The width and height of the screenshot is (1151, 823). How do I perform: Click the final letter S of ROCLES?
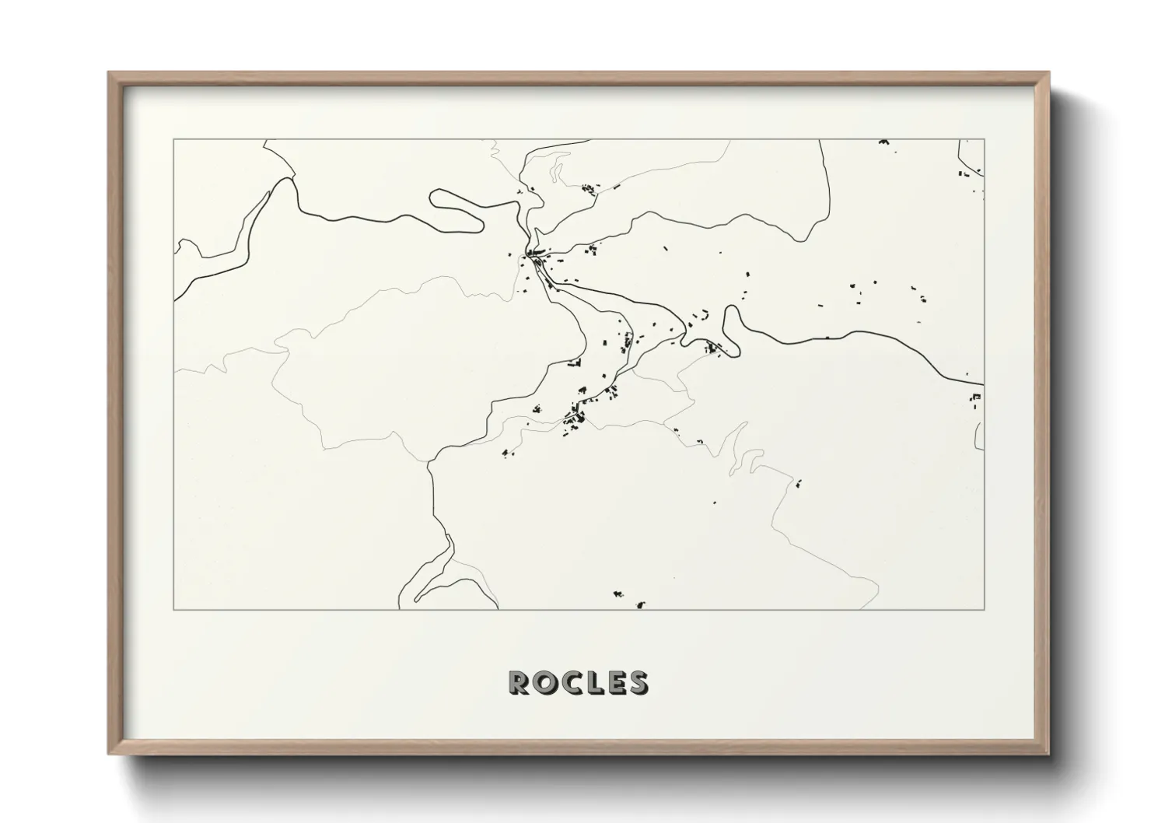[x=637, y=682]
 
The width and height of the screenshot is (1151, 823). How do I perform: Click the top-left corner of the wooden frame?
[x=110, y=73]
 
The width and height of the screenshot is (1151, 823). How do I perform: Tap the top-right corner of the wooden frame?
[x=1049, y=73]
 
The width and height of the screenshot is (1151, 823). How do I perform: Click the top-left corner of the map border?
[x=173, y=140]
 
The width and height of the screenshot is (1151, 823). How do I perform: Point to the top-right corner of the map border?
[x=985, y=140]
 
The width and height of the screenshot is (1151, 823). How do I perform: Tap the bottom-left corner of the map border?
[x=173, y=609]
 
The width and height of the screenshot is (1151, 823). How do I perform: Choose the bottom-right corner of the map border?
[x=985, y=609]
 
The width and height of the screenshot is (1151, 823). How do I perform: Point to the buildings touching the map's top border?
[x=883, y=142]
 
